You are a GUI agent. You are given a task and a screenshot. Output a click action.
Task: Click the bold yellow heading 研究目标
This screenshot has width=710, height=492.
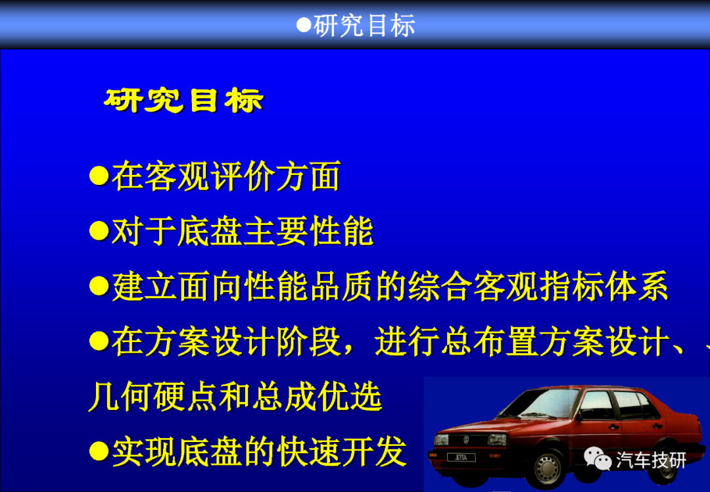tap(183, 100)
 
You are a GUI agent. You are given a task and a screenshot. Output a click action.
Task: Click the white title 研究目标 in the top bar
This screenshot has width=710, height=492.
tap(364, 26)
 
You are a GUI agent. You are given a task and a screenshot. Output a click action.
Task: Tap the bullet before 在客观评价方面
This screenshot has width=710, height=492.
tap(99, 176)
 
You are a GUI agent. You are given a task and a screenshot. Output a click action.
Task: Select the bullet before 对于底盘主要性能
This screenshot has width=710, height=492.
tap(99, 231)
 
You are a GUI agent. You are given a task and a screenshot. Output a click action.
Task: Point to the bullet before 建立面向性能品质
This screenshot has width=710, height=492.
tap(99, 286)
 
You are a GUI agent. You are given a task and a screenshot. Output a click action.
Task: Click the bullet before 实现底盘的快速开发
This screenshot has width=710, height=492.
tap(99, 451)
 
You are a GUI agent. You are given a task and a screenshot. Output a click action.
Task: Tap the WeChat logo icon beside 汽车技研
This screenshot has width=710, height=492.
tap(598, 458)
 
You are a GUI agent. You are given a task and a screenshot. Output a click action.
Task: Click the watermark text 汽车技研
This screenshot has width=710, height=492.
tap(651, 460)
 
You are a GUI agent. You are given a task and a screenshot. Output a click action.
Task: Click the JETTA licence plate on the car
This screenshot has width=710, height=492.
tap(461, 458)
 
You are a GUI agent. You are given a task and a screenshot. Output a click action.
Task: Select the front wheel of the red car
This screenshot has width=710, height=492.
tap(548, 468)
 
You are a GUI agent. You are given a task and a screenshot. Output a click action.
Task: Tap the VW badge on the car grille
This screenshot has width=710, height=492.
tap(466, 439)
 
